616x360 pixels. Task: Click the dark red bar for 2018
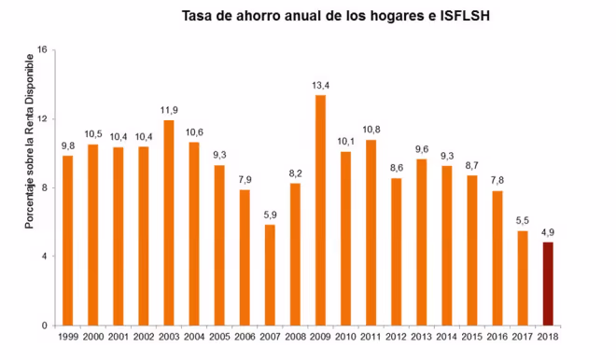pos(548,284)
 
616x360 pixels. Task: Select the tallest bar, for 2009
pos(320,210)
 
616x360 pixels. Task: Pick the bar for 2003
pos(169,222)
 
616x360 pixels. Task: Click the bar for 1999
pos(67,240)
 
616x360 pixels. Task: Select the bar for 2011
pos(371,232)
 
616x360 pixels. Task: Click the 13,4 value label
pos(320,85)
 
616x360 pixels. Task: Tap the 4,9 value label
pos(548,231)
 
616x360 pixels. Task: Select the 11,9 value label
pos(169,110)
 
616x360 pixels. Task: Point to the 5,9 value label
pos(270,214)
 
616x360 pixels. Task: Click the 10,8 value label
pos(371,130)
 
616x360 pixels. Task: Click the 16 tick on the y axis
pos(42,50)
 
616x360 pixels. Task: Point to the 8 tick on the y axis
pos(45,187)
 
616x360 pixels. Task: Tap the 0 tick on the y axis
pos(45,325)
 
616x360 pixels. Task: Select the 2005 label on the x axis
pos(219,337)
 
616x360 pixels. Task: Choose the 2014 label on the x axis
pos(447,337)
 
